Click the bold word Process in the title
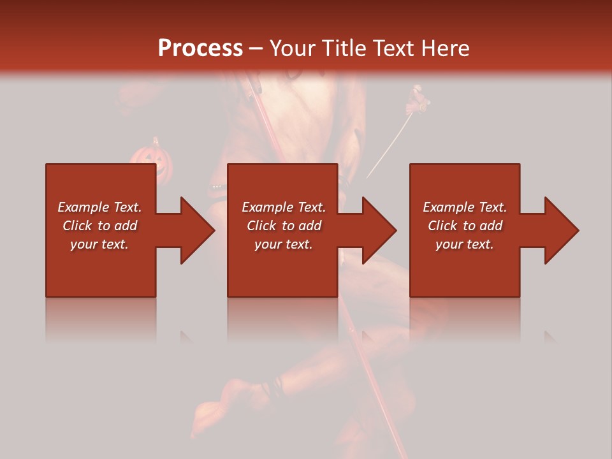pos(200,48)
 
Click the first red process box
pos(101,268)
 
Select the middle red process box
pos(282,268)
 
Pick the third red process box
pos(464,268)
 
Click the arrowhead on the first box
pos(196,230)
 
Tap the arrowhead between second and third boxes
pos(378,230)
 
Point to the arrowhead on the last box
pos(560,230)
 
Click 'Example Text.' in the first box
pos(99,207)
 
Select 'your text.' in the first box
pos(99,244)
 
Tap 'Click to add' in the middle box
pos(284,226)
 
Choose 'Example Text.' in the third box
pos(465,207)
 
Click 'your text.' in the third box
pos(465,244)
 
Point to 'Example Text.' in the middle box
pos(284,207)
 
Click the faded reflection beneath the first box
pos(101,319)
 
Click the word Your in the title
pos(293,48)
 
